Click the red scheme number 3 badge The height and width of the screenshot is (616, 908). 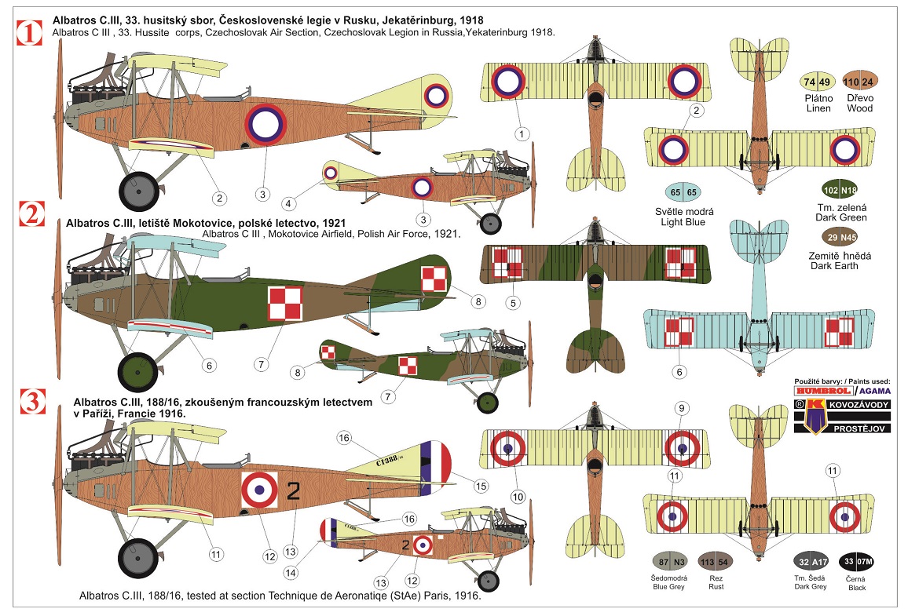(x=30, y=401)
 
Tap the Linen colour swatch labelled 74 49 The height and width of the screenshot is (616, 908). (x=816, y=82)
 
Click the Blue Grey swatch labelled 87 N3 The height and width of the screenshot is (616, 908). (x=670, y=562)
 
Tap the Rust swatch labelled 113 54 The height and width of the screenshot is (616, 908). (x=716, y=562)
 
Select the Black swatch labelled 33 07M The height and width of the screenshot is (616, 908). (x=855, y=562)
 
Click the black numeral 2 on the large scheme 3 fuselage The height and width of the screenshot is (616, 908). (x=294, y=492)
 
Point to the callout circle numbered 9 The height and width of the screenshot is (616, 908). (x=681, y=407)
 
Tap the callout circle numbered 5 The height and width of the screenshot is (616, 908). (x=514, y=302)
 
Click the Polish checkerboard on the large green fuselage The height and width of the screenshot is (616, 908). (x=285, y=304)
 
